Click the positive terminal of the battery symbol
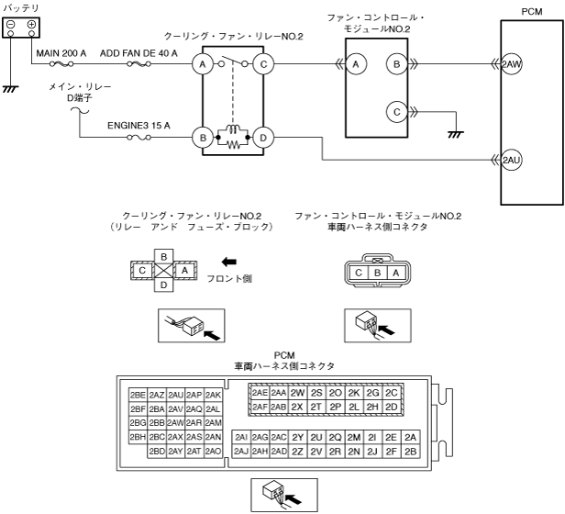[31, 24]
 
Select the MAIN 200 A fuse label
[61, 53]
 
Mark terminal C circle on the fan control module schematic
[396, 111]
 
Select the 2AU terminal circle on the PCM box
[512, 161]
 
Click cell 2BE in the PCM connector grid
[138, 394]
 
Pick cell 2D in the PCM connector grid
[392, 407]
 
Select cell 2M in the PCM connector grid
[354, 437]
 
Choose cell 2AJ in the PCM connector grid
[241, 451]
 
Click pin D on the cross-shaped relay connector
[163, 285]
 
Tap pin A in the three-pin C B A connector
[395, 272]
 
